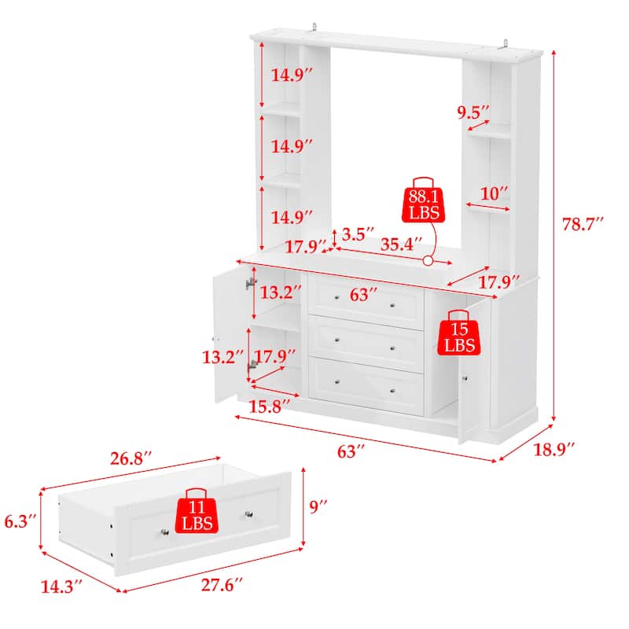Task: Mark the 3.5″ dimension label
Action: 356,234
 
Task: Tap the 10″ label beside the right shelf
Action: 494,193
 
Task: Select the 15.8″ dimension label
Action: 270,405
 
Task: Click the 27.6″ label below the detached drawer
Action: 212,584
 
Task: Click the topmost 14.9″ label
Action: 292,76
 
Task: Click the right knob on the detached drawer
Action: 249,514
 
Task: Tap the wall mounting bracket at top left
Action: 314,28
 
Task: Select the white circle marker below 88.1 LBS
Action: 429,261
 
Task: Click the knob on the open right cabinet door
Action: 465,380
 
